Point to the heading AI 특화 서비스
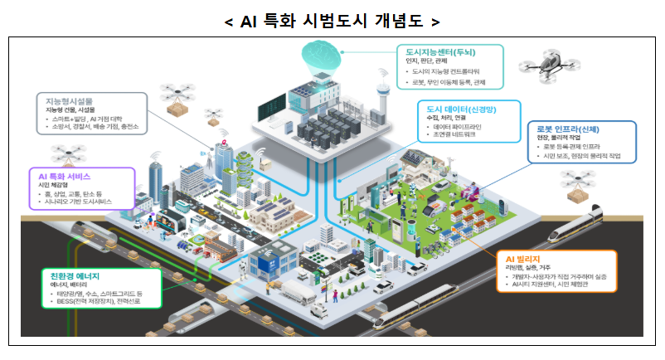coord(64,177)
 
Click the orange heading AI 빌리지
coord(525,258)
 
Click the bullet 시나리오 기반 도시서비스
coord(80,202)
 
